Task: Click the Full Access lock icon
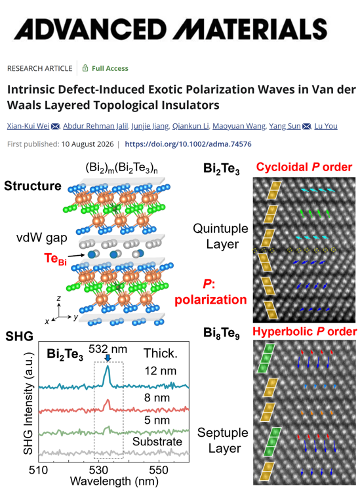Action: click(x=85, y=68)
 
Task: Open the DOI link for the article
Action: click(x=188, y=144)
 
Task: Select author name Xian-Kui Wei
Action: click(x=28, y=126)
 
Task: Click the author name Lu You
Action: click(x=326, y=126)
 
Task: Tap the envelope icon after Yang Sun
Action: click(x=307, y=126)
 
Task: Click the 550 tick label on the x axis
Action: click(x=159, y=470)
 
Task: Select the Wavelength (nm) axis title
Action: click(x=114, y=481)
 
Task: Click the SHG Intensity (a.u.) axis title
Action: click(x=28, y=403)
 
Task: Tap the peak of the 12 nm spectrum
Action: click(x=108, y=366)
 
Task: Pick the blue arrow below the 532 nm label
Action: click(x=108, y=358)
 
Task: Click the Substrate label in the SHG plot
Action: click(x=157, y=441)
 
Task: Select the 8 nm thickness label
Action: click(x=157, y=398)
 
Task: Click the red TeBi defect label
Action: click(x=55, y=259)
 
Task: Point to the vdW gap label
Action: click(x=41, y=238)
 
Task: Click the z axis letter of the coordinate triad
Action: click(x=58, y=298)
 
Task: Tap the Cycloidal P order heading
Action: click(x=304, y=167)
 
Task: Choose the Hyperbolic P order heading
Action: click(x=305, y=331)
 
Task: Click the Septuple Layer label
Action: click(x=223, y=441)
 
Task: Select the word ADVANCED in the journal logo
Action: click(x=90, y=29)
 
